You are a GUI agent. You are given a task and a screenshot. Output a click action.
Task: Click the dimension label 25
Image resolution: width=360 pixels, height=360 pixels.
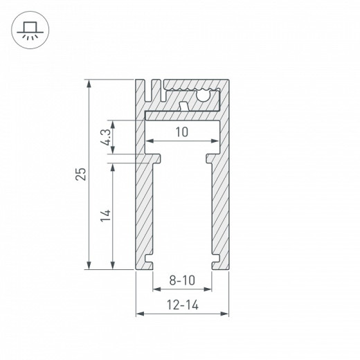coord(81,174)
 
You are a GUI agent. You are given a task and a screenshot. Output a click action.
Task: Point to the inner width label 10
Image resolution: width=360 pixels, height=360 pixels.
coord(182,132)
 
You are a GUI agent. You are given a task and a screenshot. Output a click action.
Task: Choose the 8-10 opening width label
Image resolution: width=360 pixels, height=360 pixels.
coord(181,281)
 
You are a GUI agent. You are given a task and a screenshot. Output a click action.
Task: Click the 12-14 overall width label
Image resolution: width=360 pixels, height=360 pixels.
coord(181,304)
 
